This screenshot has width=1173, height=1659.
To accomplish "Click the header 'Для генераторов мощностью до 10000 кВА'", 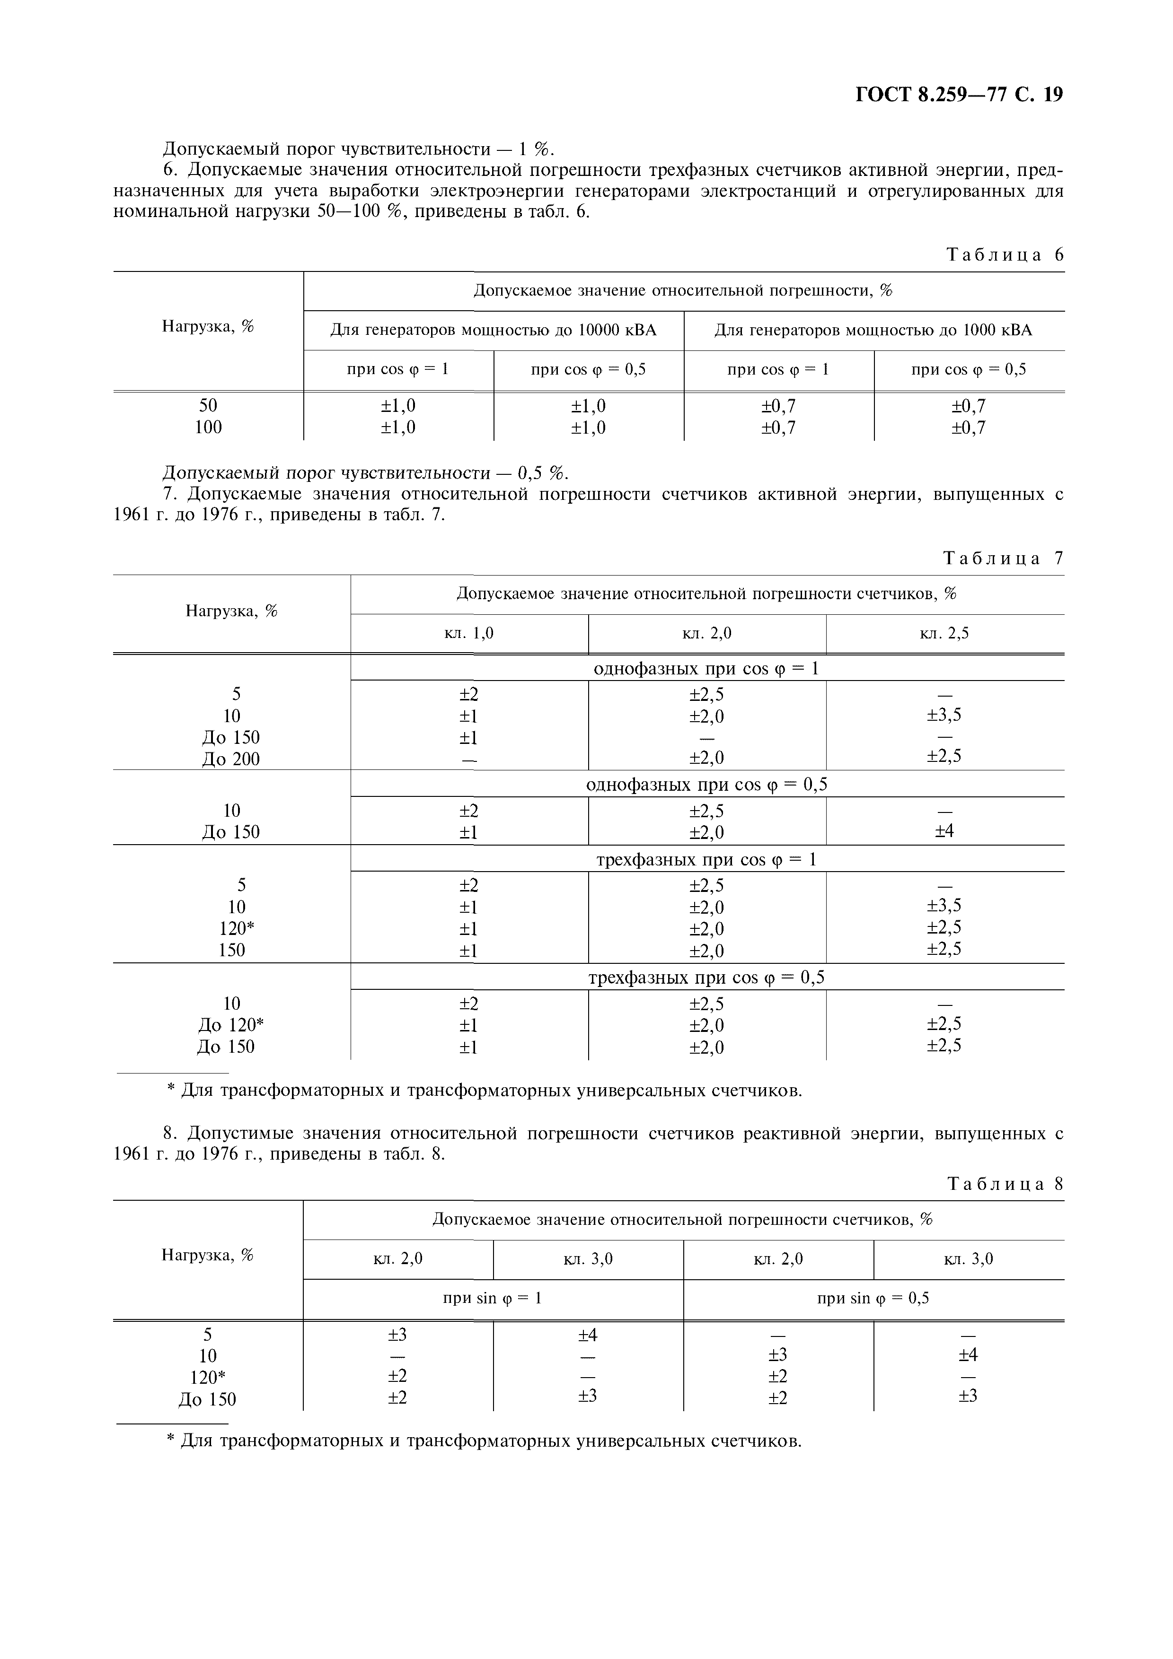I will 493,331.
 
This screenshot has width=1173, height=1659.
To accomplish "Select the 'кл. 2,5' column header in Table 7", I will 944,634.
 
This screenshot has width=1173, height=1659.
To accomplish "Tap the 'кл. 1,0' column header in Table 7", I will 468,634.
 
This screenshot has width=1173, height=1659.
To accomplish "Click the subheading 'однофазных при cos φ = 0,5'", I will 706,785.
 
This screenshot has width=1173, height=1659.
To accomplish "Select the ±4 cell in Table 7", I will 944,832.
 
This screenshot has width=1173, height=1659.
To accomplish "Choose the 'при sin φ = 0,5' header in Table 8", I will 873,1299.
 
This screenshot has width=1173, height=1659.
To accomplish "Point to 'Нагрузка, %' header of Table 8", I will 208,1255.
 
